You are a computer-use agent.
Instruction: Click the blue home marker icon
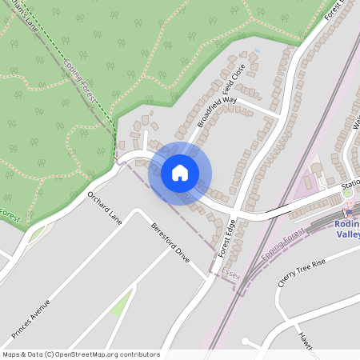click(180, 172)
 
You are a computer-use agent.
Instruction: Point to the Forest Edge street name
click(228, 237)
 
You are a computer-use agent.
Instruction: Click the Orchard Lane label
click(105, 207)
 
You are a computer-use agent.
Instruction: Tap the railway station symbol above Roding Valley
click(347, 212)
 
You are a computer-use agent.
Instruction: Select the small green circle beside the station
click(346, 192)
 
